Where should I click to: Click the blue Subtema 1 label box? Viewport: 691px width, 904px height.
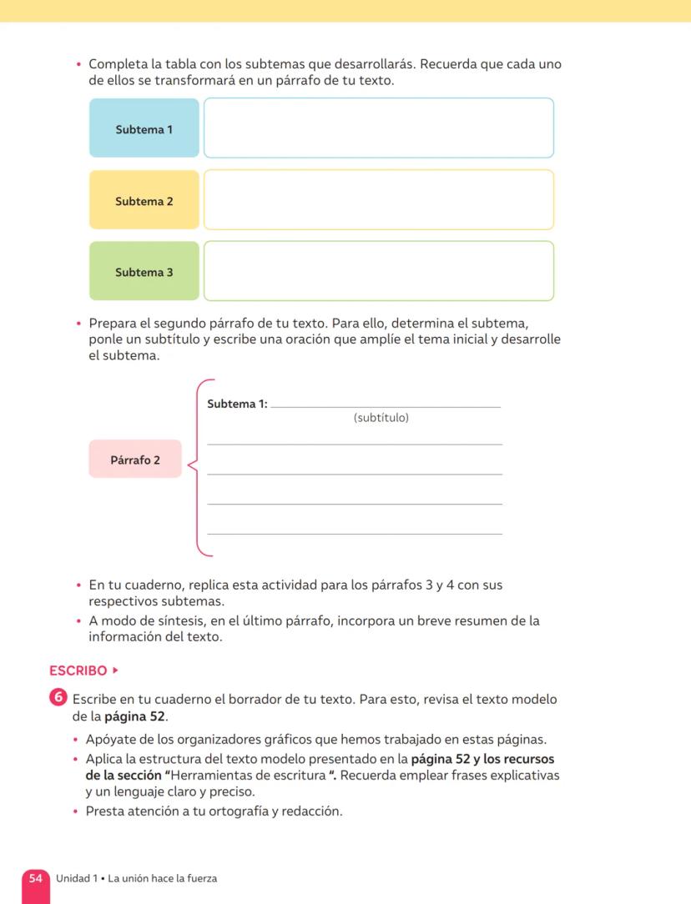click(x=144, y=128)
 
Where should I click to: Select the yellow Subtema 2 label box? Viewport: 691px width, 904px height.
click(x=144, y=200)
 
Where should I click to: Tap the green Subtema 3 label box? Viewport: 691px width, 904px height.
click(x=144, y=272)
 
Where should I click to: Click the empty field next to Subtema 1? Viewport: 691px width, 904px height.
click(x=378, y=128)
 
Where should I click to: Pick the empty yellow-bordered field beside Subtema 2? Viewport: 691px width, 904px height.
click(x=378, y=200)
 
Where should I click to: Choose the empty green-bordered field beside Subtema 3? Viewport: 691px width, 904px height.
click(x=378, y=272)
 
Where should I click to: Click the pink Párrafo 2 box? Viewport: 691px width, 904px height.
click(x=135, y=460)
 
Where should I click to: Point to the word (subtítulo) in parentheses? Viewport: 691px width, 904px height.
click(x=381, y=418)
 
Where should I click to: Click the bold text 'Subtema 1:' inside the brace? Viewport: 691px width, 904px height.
click(x=237, y=404)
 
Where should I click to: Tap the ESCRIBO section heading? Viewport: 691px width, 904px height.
click(x=78, y=670)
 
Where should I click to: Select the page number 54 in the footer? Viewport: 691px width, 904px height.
click(x=36, y=878)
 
